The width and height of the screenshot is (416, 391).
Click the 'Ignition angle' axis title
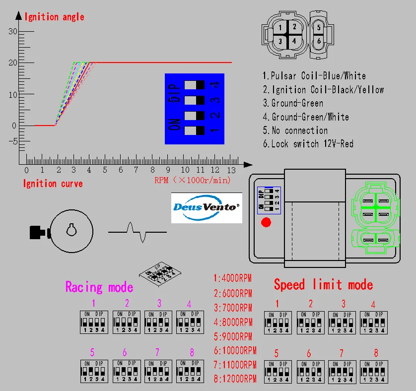(54, 17)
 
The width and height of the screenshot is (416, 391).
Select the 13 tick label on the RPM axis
(231, 170)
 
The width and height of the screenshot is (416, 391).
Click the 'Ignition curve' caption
(53, 184)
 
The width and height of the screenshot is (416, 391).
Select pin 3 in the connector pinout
(280, 41)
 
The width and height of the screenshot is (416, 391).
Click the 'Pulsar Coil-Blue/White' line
(314, 76)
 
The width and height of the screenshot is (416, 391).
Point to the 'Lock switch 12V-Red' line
(308, 144)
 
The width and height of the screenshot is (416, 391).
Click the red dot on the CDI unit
(266, 222)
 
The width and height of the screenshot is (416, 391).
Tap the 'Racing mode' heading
(99, 287)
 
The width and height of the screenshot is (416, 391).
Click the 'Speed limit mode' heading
(323, 285)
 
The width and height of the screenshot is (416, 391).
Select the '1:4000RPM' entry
(233, 278)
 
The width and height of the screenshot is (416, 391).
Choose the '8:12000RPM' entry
(235, 379)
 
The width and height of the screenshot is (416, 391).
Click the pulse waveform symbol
(138, 232)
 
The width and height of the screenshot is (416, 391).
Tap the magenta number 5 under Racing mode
(92, 353)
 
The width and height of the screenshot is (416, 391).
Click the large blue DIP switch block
(194, 109)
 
